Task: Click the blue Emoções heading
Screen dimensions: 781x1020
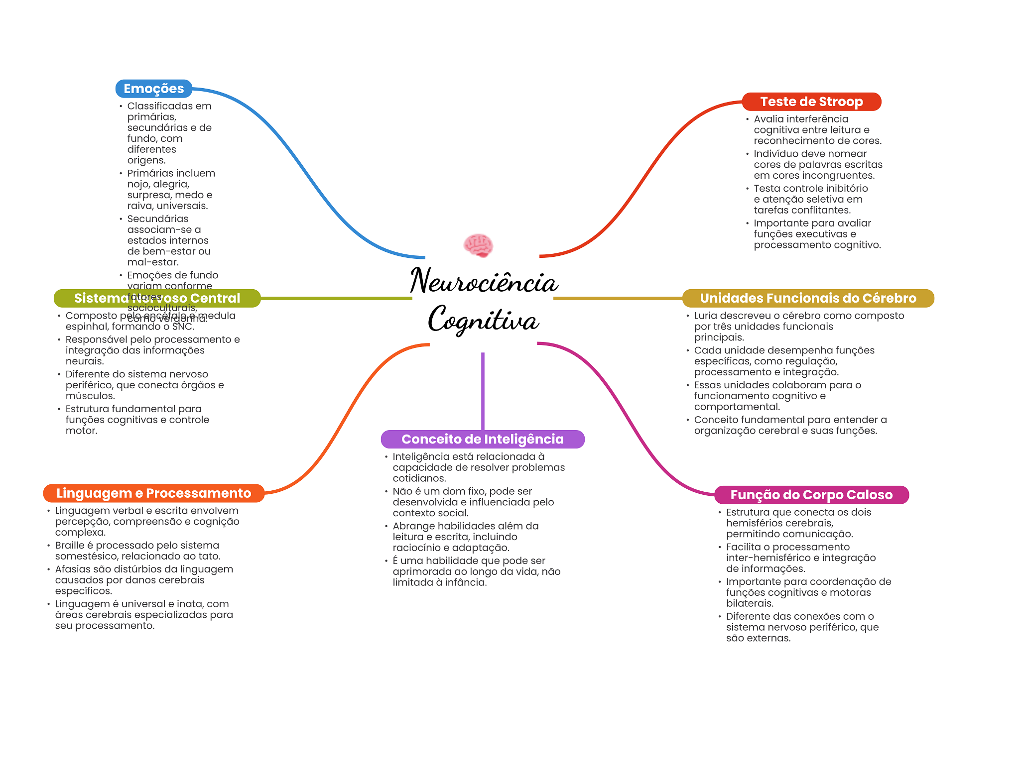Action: click(154, 89)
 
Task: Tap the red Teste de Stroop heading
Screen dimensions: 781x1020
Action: click(811, 102)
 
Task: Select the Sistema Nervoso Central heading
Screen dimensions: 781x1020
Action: click(157, 298)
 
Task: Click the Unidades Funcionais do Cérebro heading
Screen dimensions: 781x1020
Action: click(808, 298)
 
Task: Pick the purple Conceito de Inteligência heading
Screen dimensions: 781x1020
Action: click(483, 439)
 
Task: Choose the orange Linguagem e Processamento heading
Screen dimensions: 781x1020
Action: click(154, 493)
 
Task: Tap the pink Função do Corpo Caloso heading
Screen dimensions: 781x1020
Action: click(811, 495)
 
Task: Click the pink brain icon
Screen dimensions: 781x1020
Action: click(478, 245)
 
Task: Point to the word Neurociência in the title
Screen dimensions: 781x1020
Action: click(484, 281)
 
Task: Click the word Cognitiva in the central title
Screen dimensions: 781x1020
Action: click(484, 320)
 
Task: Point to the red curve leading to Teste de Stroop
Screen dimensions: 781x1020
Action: click(642, 174)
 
